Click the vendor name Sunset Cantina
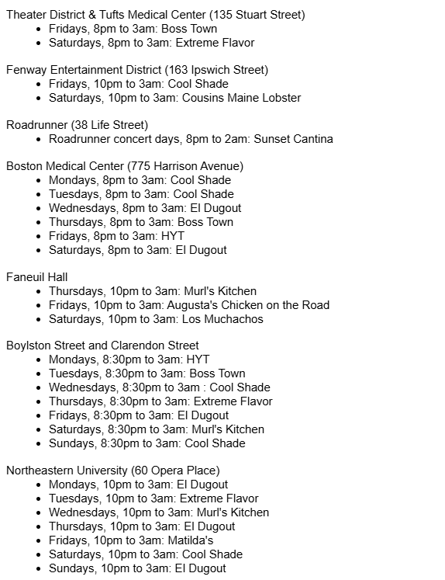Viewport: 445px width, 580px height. click(x=288, y=139)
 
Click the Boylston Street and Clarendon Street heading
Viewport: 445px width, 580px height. click(x=102, y=346)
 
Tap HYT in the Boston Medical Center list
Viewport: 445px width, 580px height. click(x=173, y=236)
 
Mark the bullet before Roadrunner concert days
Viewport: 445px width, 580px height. click(x=39, y=139)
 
